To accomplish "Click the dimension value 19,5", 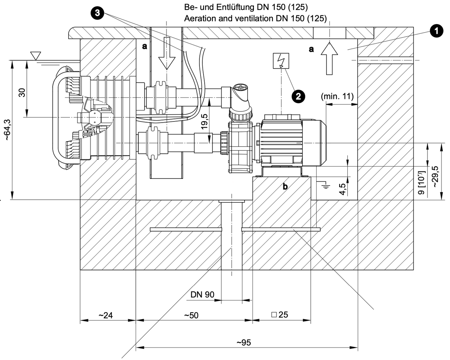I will pos(204,122).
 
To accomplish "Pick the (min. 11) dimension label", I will pos(337,97).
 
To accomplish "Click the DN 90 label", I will pos(202,295).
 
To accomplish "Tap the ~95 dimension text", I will pos(244,343).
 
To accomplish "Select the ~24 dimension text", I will pos(106,315).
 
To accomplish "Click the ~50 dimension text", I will pos(191,315).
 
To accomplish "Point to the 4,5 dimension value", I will pos(343,189).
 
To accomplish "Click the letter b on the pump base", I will pos(285,186).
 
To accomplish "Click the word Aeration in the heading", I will pos(201,19).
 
